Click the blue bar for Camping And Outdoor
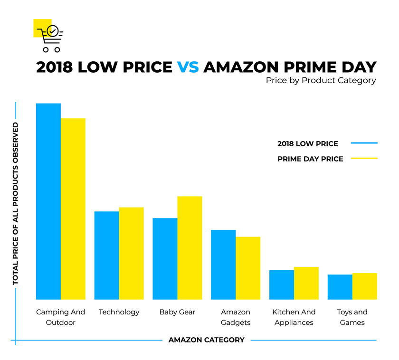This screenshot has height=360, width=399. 48,201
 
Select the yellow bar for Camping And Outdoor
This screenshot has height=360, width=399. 73,209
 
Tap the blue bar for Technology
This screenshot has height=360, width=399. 107,255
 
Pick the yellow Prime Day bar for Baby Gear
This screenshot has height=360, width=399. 190,247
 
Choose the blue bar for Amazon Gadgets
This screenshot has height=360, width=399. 223,265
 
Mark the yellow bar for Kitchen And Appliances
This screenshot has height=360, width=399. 306,283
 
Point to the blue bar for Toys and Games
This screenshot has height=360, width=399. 340,287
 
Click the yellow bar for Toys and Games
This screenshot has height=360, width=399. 365,286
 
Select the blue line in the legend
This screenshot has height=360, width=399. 364,143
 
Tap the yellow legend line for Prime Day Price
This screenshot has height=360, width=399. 364,159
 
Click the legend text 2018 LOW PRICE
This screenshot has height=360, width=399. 308,143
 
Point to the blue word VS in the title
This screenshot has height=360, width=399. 188,66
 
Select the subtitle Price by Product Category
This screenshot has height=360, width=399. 321,80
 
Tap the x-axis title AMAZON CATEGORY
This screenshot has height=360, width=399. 206,340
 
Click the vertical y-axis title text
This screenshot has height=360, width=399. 16,204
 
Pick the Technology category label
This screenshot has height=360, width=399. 119,312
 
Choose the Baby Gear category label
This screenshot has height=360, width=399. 177,312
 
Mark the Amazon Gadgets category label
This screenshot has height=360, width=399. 236,317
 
